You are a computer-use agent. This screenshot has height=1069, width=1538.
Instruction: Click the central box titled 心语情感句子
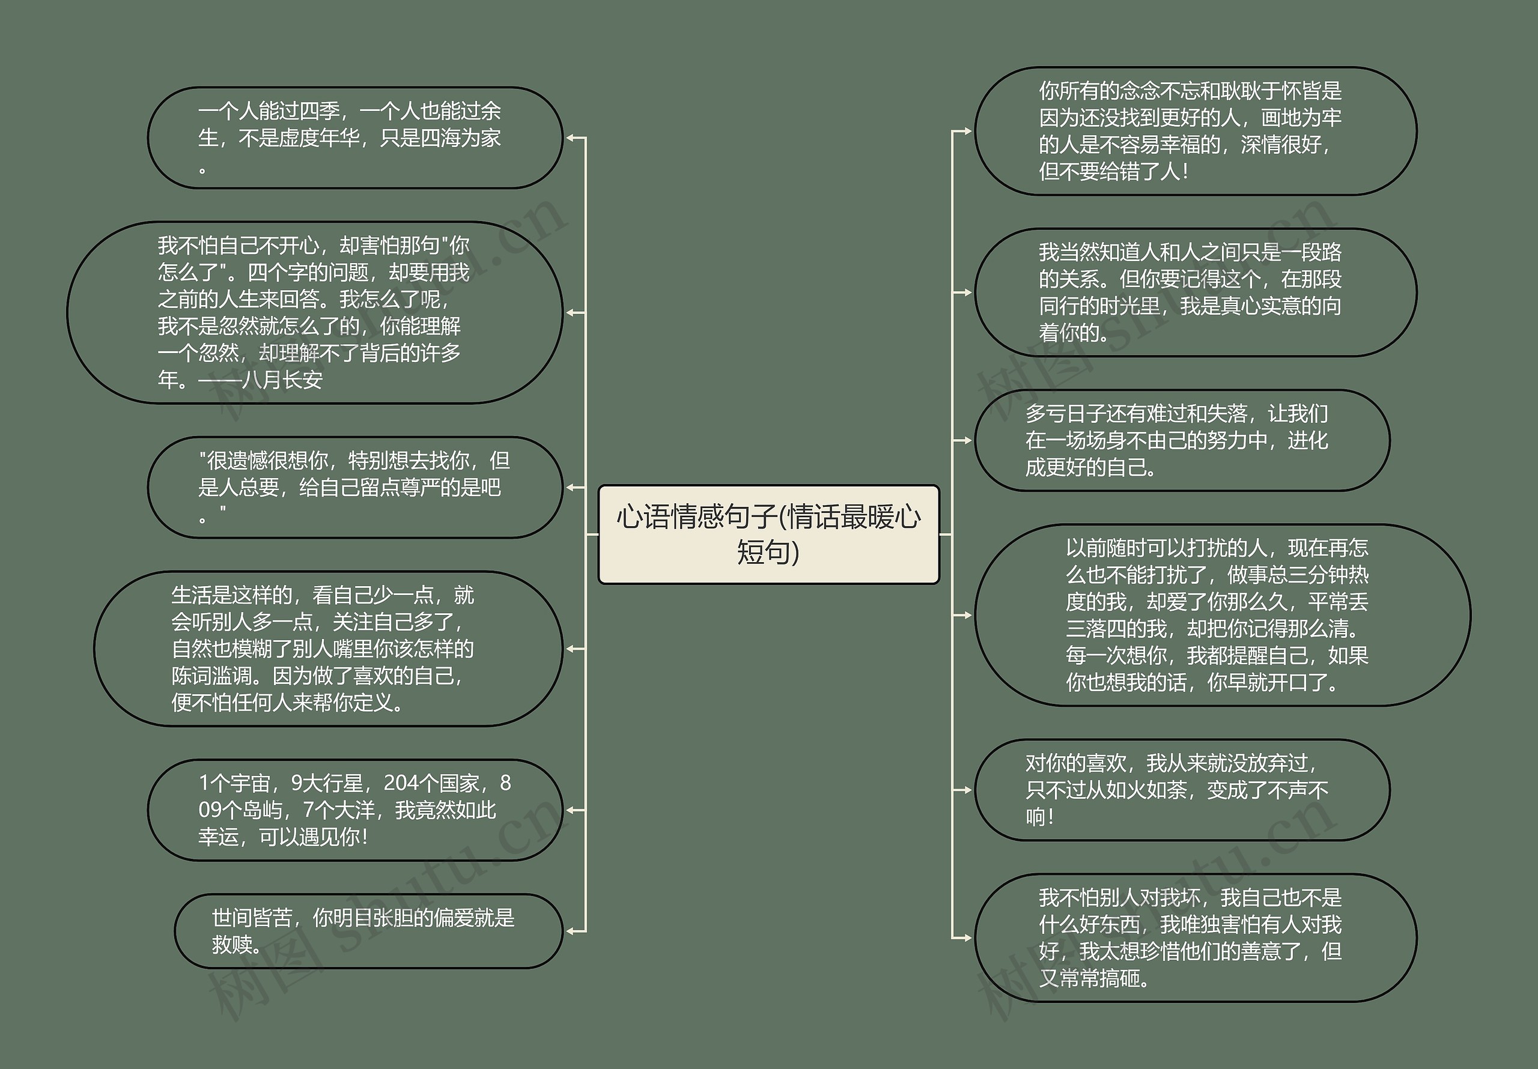coord(768,534)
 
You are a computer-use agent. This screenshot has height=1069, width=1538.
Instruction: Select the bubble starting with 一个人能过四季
coord(354,138)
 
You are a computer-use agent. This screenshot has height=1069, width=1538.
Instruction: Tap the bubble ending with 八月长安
coord(314,312)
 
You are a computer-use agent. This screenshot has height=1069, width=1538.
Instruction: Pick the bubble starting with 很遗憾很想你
coord(354,487)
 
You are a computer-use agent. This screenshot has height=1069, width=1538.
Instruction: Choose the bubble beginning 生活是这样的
coord(327,649)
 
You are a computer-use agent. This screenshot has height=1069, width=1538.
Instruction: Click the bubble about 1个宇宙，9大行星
coord(354,810)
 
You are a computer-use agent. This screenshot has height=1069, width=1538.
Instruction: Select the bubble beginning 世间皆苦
coord(368,931)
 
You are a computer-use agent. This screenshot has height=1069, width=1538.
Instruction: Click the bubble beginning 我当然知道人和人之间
coord(1195,292)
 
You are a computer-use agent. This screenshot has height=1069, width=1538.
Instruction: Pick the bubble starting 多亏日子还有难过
coord(1182,440)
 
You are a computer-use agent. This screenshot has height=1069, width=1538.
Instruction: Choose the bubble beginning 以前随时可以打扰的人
coord(1222,615)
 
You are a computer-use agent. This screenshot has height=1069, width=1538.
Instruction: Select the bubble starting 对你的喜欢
coord(1182,790)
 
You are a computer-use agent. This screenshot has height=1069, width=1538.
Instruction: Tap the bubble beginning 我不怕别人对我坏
coord(1195,937)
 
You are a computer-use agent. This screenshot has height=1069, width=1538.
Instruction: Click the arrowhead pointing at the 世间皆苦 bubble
coord(571,931)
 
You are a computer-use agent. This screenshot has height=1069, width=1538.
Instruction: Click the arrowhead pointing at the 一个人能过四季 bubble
coord(571,138)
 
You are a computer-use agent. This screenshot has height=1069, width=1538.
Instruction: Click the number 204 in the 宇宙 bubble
coord(401,783)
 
